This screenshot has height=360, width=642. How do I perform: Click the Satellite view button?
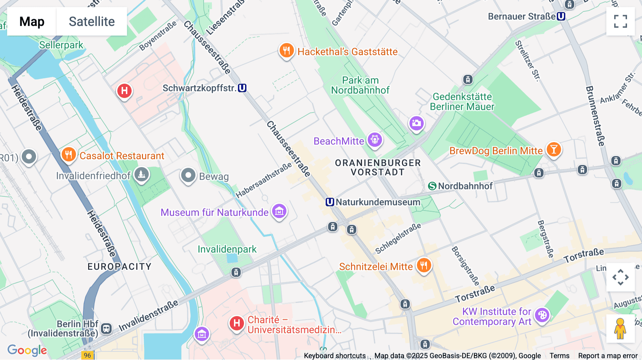pyautogui.click(x=92, y=21)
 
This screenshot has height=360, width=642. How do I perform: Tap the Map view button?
pyautogui.click(x=32, y=21)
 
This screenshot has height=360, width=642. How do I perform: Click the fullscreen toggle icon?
pyautogui.click(x=620, y=21)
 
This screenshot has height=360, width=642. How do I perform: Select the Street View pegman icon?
pyautogui.click(x=620, y=329)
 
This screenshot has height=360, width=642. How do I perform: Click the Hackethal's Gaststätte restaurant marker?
pyautogui.click(x=286, y=51)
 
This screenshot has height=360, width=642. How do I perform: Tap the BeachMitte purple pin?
pyautogui.click(x=375, y=140)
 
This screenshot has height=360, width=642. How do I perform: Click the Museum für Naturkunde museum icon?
pyautogui.click(x=279, y=211)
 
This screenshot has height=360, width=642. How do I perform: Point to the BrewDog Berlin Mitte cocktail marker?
pyautogui.click(x=554, y=149)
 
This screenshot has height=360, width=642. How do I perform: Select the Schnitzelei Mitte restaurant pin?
pyautogui.click(x=424, y=266)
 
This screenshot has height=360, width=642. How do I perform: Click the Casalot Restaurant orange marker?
pyautogui.click(x=68, y=155)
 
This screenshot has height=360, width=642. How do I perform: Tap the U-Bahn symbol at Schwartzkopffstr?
pyautogui.click(x=242, y=88)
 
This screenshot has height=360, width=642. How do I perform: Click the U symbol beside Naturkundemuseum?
pyautogui.click(x=330, y=202)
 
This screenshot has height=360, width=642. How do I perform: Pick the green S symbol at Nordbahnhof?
pyautogui.click(x=432, y=186)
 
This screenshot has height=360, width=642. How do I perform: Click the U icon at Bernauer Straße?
pyautogui.click(x=561, y=16)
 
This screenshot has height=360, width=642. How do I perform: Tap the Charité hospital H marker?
pyautogui.click(x=236, y=323)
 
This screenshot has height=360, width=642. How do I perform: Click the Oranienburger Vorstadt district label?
pyautogui.click(x=378, y=168)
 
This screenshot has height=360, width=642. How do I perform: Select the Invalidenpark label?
pyautogui.click(x=227, y=249)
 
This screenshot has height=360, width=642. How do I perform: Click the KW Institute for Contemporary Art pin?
pyautogui.click(x=542, y=315)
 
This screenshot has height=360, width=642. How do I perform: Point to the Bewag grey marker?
pyautogui.click(x=188, y=175)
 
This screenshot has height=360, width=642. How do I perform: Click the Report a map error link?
pyautogui.click(x=608, y=356)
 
